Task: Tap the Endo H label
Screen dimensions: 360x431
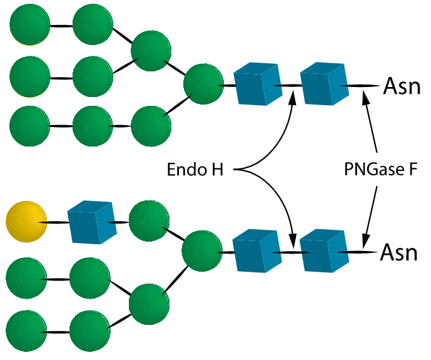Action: coord(195,170)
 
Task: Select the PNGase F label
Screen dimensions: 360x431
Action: coord(380,170)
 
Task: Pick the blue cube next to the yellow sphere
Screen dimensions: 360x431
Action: coord(91,222)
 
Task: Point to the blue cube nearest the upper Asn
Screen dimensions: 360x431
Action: coord(324,86)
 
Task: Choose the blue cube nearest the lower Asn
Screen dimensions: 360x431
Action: coord(323,252)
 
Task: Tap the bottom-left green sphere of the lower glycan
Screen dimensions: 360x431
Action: coord(26,329)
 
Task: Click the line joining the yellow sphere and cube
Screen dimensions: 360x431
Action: coord(56,222)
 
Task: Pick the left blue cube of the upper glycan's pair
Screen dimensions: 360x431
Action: coord(257,86)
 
